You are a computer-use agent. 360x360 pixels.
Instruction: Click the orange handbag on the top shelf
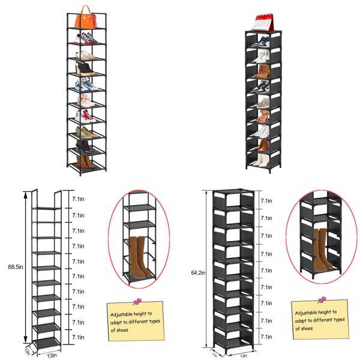pos(85,19)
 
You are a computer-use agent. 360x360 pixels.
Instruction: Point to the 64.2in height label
pos(198,273)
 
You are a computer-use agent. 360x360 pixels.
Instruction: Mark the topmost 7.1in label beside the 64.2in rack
pos(266,201)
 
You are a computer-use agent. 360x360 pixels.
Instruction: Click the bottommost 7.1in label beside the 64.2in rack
pos(266,338)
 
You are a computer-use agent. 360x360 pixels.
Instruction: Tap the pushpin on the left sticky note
pos(137,301)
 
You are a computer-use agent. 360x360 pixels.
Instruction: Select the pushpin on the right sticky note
pos(322,299)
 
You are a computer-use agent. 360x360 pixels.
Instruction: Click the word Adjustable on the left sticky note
pos(122,314)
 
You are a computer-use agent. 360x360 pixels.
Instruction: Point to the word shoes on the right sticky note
pos(306,328)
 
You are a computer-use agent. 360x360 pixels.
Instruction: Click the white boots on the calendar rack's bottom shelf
pos(261,160)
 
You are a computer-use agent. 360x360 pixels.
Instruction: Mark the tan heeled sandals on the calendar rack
pos(262,115)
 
